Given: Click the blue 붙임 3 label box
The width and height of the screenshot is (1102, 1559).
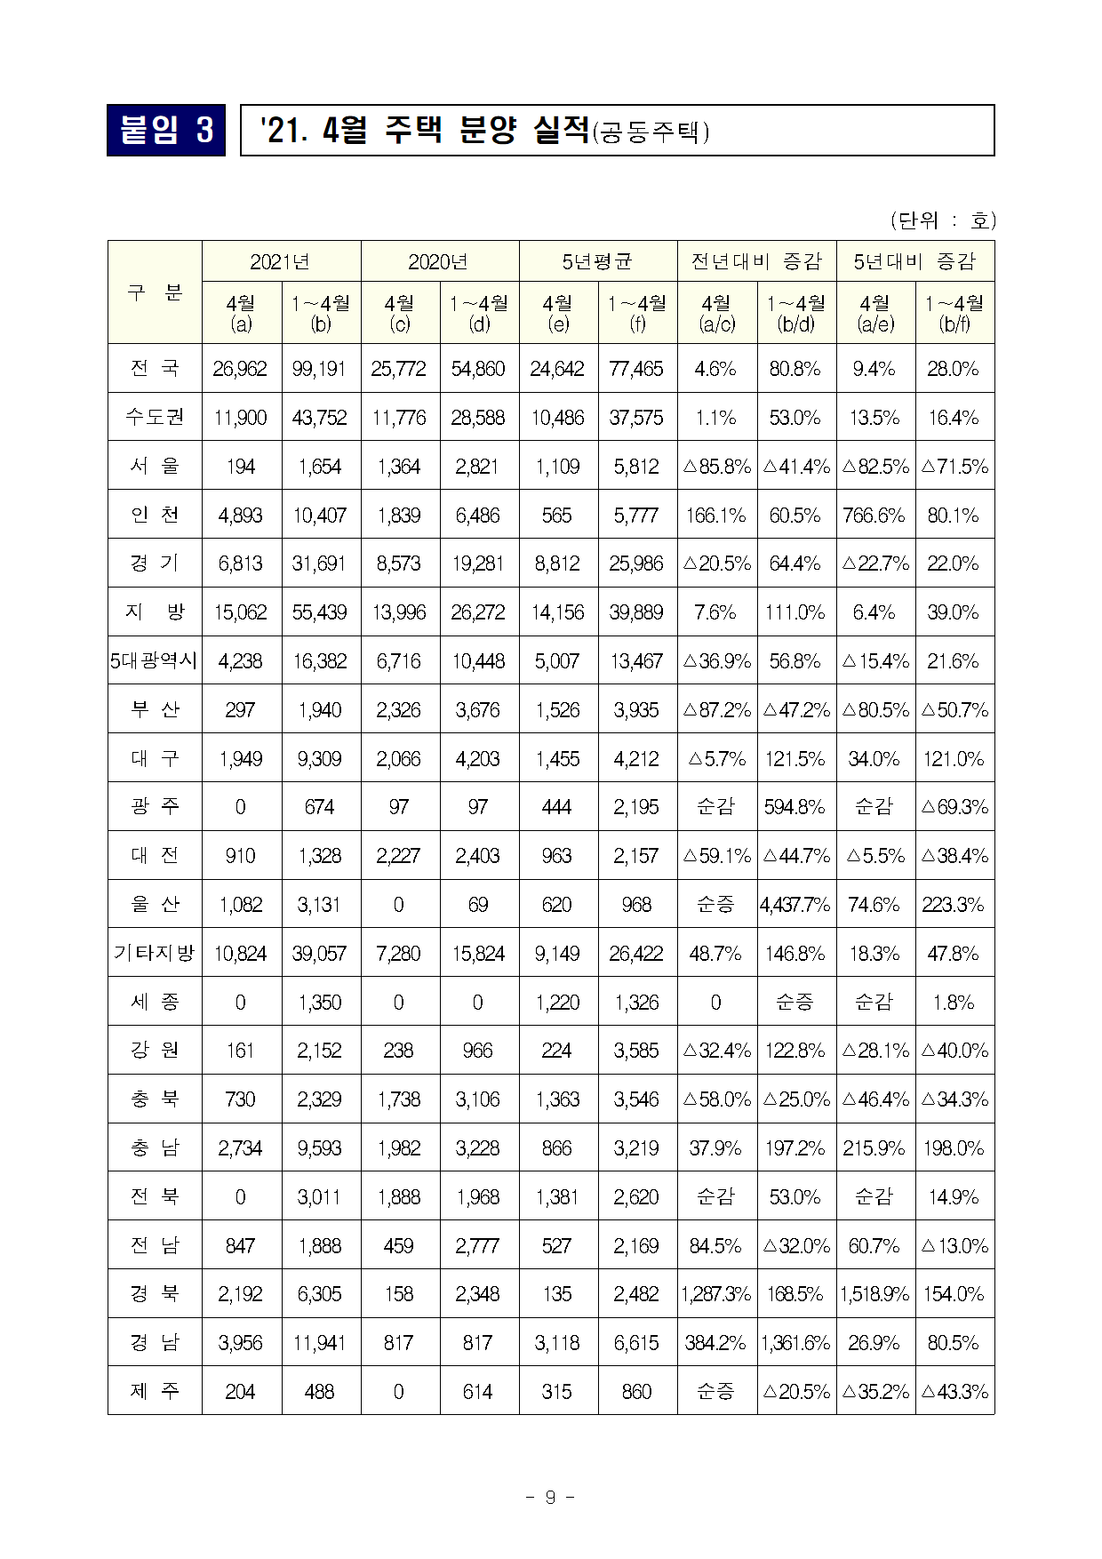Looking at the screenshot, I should point(166,131).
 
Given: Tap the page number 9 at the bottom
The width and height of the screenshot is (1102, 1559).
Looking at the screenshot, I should point(550,1497).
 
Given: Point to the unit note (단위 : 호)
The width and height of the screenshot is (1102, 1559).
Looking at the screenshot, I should point(942,220).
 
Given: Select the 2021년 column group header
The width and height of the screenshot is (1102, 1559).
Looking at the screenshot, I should point(281,261).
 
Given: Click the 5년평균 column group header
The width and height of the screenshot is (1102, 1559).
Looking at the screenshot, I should point(597,261).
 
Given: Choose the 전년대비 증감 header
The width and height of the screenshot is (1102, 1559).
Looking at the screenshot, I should point(756,261).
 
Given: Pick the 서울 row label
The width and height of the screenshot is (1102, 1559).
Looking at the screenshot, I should point(155,466).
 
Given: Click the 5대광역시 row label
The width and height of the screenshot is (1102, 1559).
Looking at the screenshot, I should point(155,660).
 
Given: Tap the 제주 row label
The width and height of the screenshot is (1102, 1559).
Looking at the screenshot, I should point(155,1391).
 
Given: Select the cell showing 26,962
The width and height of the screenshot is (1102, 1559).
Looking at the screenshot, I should point(241,369).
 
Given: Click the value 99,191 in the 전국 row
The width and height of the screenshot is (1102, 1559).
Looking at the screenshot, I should point(320,369).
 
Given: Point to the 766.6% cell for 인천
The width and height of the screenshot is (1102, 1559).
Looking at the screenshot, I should point(874,516).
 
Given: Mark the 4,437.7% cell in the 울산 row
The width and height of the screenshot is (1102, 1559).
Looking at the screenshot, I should point(795,905).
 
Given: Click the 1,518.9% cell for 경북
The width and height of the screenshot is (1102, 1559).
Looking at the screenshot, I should point(874,1294).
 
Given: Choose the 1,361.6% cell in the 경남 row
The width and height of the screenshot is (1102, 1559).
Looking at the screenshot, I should point(795,1343).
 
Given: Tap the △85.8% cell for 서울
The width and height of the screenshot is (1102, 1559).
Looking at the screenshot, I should point(716,467).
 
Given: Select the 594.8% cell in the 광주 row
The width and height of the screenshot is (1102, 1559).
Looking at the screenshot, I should point(795,807).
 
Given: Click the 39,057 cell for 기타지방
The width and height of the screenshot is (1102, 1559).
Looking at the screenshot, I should point(320,954).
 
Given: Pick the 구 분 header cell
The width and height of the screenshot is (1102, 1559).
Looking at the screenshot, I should point(155,292).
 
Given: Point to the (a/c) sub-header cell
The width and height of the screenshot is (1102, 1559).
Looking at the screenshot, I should point(716,314).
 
